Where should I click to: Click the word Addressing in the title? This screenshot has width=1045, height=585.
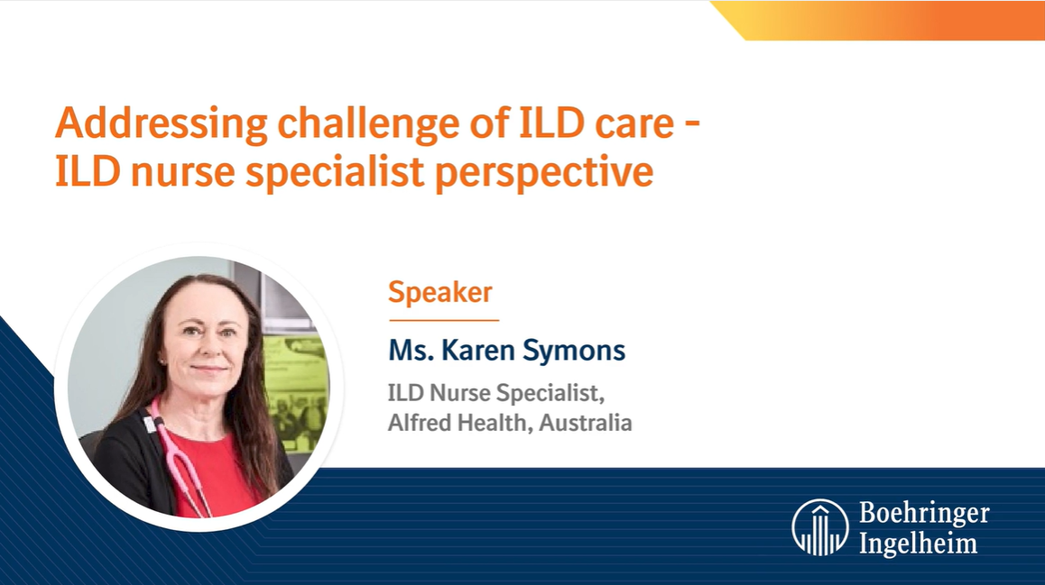coord(162,124)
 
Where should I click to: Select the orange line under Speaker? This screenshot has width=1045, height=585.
coord(444,320)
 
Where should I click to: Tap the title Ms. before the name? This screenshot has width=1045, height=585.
coord(411,351)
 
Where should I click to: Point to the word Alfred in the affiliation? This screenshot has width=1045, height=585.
coord(420,423)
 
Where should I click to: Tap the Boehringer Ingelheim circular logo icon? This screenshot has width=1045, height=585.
coord(819,527)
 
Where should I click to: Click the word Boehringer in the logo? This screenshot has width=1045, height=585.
coord(924,514)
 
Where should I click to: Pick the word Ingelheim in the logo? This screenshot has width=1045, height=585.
coord(919,543)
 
